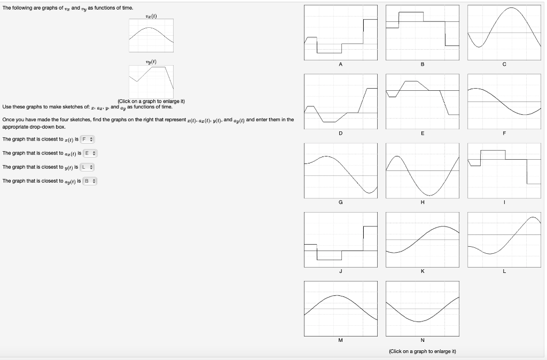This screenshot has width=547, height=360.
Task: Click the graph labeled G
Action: click(341, 170)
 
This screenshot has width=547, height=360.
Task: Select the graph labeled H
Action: click(422, 170)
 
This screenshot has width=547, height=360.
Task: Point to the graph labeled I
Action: click(504, 170)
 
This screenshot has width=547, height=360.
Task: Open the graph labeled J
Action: click(341, 239)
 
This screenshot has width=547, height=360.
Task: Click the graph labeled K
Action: click(422, 239)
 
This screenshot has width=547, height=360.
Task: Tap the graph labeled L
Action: click(504, 239)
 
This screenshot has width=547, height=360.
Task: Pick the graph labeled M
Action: click(341, 308)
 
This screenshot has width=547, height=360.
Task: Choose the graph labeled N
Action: click(422, 308)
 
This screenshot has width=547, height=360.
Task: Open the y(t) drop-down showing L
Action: click(88, 167)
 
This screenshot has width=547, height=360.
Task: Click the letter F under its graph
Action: click(504, 134)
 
